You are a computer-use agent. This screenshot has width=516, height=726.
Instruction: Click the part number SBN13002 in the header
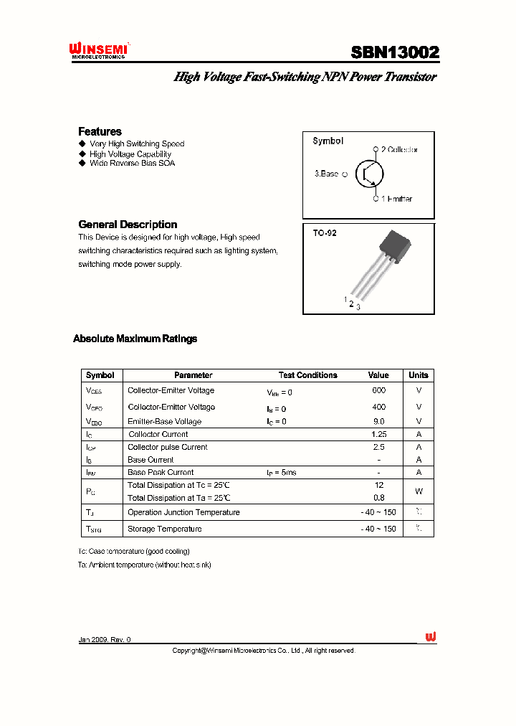click(x=395, y=52)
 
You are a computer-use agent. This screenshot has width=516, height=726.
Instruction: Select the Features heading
click(x=100, y=131)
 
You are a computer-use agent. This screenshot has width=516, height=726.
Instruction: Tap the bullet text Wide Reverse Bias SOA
click(x=132, y=163)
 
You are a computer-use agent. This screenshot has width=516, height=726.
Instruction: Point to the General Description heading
click(x=128, y=224)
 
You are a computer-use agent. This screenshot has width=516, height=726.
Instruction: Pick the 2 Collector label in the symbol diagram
click(x=399, y=149)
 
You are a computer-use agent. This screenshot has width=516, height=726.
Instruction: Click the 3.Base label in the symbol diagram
click(x=327, y=174)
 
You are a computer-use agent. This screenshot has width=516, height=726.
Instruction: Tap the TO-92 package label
click(x=324, y=233)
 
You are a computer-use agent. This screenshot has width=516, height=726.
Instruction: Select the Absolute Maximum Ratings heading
click(x=135, y=339)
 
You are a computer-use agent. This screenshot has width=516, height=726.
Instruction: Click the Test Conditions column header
click(x=307, y=375)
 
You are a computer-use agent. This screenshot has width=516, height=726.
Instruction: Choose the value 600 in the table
click(x=378, y=390)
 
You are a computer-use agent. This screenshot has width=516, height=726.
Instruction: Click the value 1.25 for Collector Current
click(x=378, y=434)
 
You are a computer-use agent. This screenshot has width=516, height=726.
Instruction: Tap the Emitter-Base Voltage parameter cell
click(x=164, y=422)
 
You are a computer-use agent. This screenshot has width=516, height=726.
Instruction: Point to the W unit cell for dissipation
click(x=419, y=491)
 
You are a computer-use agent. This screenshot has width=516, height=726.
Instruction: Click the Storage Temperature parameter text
click(x=164, y=529)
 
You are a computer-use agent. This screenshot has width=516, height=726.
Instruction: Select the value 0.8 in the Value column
click(x=378, y=497)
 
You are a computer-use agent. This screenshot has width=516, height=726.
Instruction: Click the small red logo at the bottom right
click(x=431, y=637)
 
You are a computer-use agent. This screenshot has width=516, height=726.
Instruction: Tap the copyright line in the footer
click(x=263, y=651)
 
